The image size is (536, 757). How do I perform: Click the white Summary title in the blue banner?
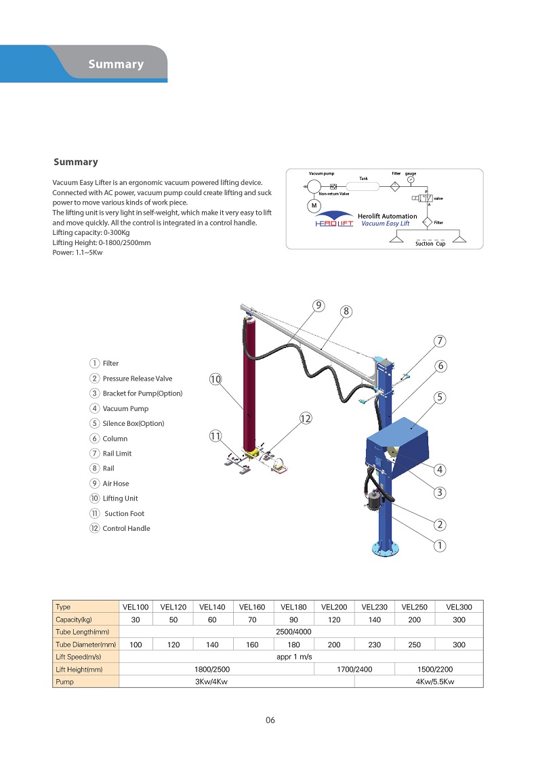point(115,64)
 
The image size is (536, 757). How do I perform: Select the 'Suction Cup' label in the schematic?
point(430,244)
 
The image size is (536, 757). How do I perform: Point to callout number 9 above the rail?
point(318,305)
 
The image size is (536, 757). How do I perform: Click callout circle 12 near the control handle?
point(305,419)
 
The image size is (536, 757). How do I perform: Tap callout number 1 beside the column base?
point(440,545)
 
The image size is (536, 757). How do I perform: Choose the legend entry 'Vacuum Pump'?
point(125,409)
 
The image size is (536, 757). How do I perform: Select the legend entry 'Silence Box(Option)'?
point(133,424)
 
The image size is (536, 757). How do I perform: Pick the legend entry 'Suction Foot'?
point(124,514)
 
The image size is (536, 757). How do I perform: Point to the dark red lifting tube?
point(250,379)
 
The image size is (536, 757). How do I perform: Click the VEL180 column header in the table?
point(293,607)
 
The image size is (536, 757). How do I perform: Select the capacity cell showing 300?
point(459,620)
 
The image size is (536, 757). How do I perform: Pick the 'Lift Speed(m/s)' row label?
point(78,657)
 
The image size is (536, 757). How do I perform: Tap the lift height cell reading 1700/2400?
point(354,670)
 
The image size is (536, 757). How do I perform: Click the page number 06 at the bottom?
point(270,720)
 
